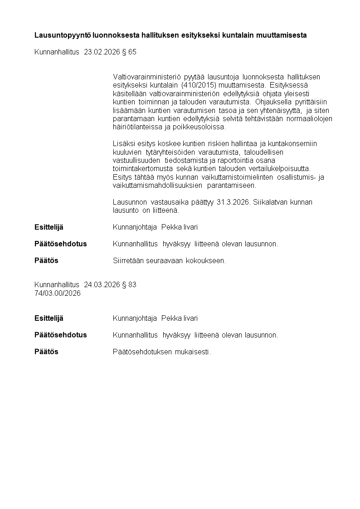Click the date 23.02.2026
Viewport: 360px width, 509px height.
102,52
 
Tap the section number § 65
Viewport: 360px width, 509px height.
129,52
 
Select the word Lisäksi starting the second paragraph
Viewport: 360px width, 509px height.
122,144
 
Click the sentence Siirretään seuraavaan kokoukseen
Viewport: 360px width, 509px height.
169,260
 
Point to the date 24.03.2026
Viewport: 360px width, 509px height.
102,285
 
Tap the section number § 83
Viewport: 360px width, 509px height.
129,285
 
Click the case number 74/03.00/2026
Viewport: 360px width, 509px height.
58,293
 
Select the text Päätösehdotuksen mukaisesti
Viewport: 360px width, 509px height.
162,352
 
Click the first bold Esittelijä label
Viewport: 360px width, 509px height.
49,227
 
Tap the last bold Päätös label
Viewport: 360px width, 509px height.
46,352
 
